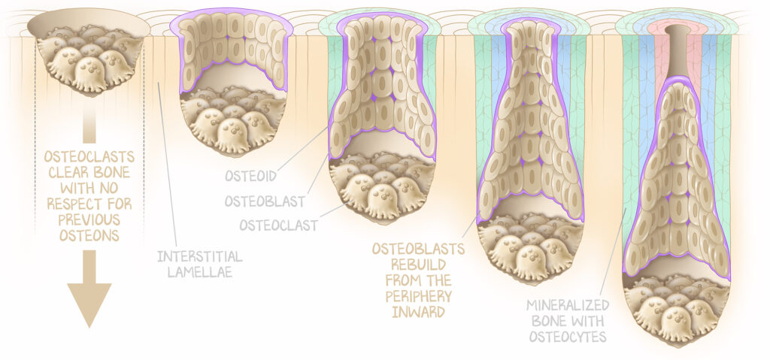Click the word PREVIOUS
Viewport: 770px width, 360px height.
coord(89,219)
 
